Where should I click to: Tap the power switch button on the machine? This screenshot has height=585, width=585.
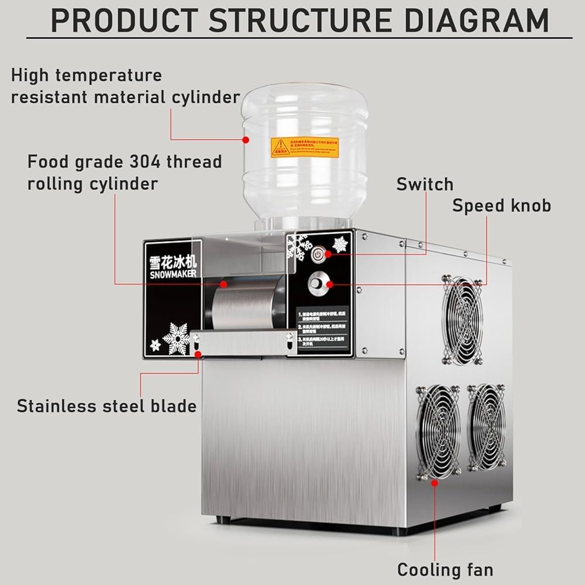click(318, 254)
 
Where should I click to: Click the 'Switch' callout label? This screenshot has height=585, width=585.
click(425, 184)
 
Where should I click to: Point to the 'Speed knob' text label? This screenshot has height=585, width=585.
click(501, 205)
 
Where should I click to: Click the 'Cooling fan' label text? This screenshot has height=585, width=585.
click(445, 569)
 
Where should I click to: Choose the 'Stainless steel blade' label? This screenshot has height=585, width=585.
click(106, 406)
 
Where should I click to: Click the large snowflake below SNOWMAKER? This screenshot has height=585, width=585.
click(177, 338)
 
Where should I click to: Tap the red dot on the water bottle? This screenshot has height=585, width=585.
click(246, 140)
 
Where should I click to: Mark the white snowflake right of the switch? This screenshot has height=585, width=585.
click(340, 244)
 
